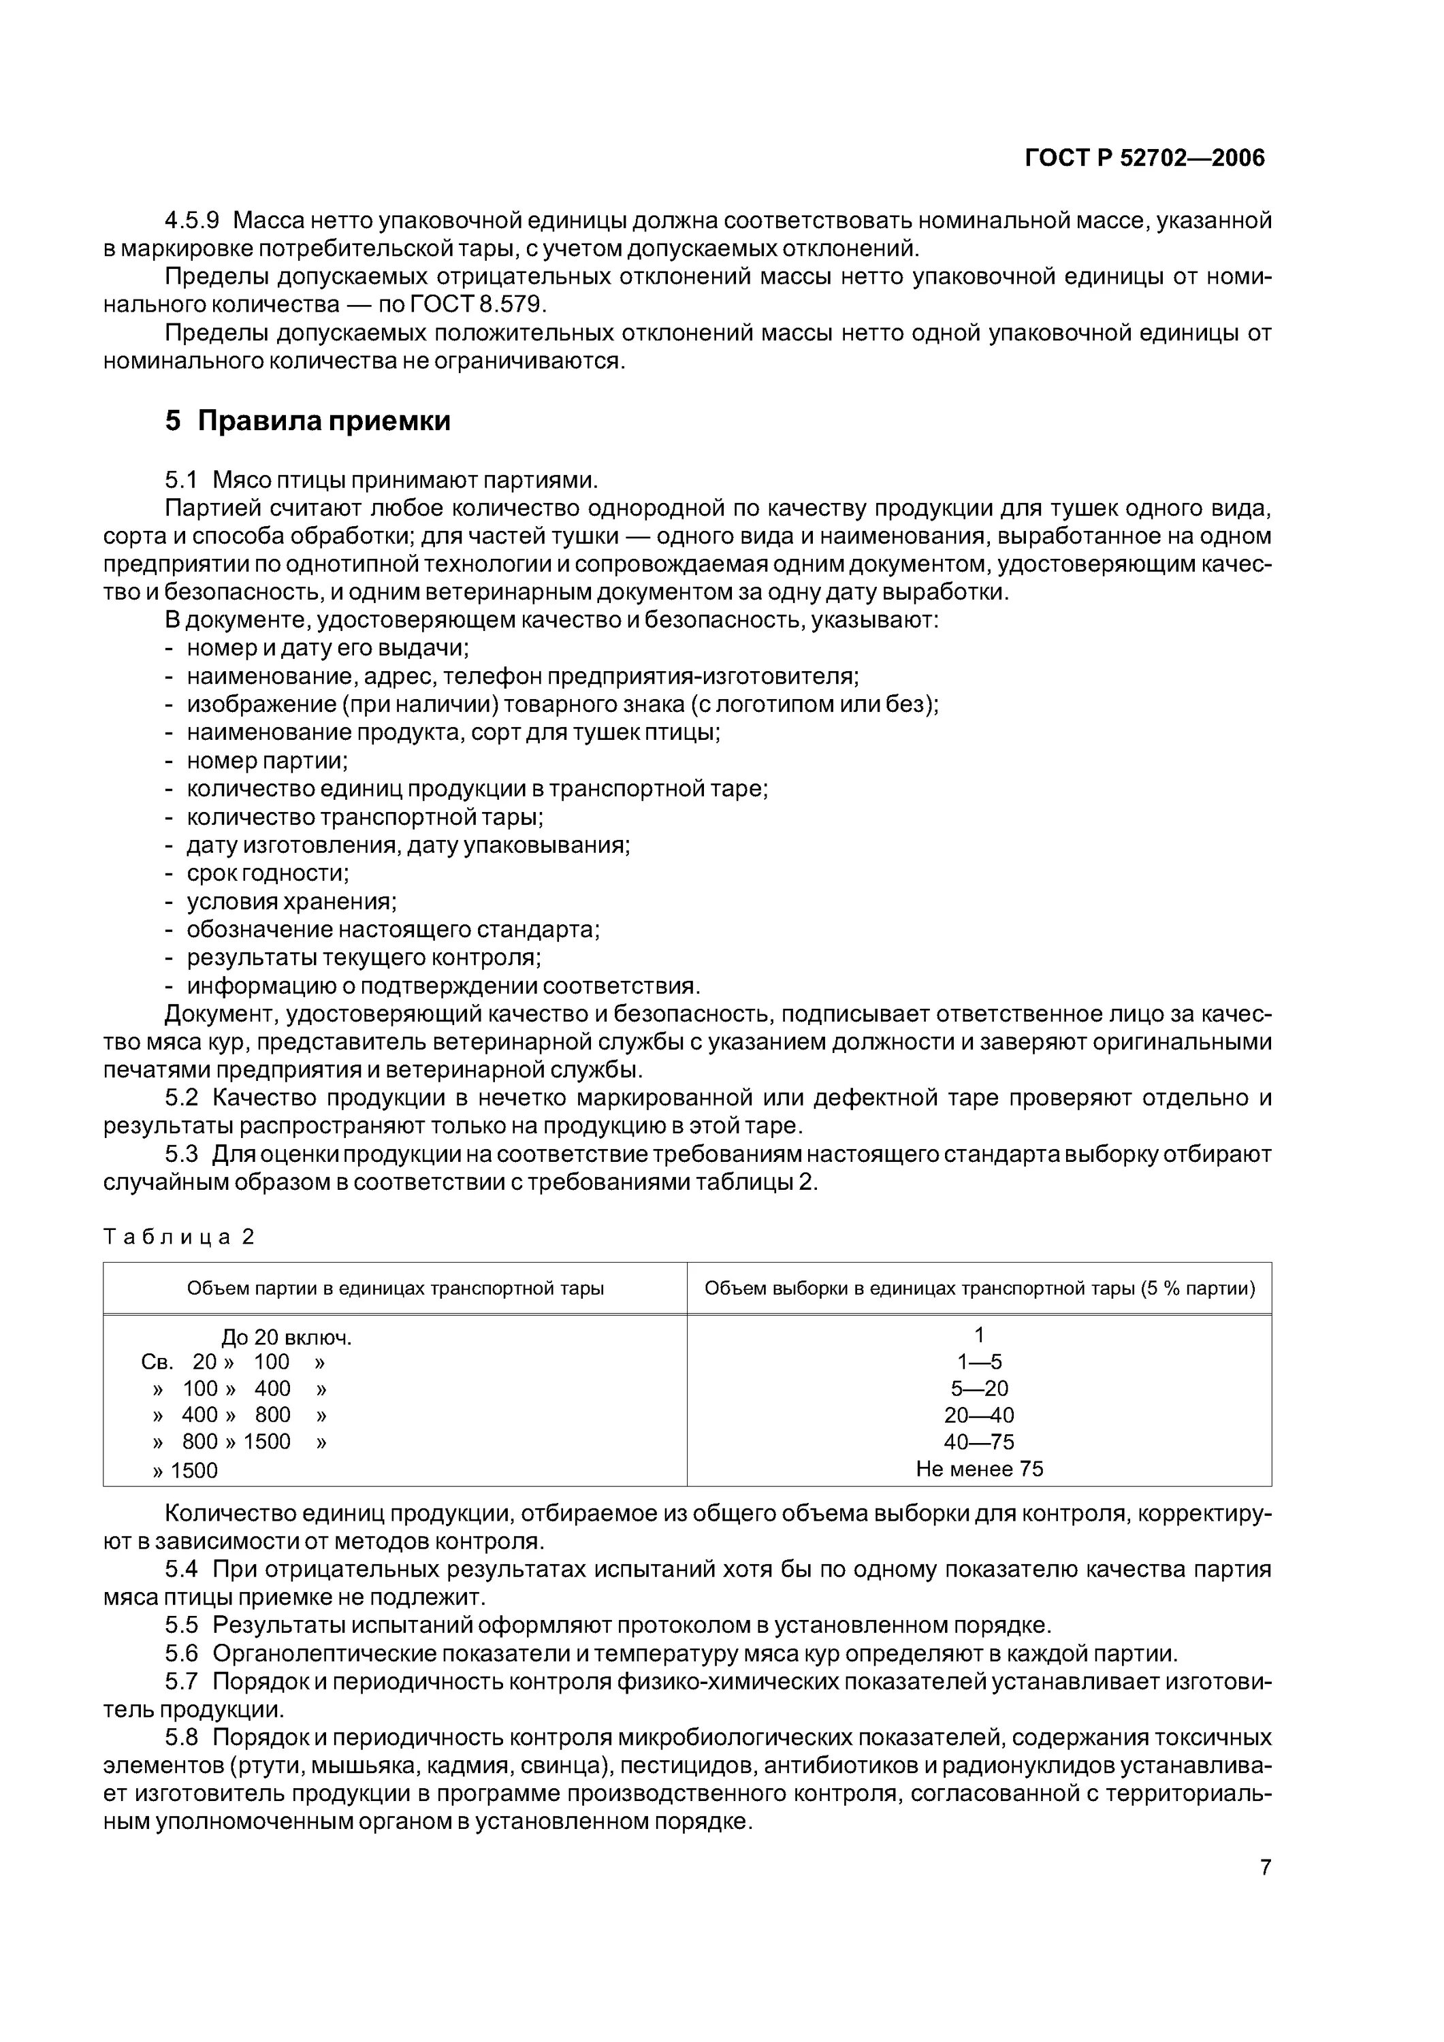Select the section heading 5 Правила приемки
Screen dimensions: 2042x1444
pos(308,421)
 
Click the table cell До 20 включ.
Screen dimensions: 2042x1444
pos(287,1338)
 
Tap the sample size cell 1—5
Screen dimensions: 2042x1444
pos(979,1361)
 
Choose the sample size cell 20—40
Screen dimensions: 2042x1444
pos(979,1415)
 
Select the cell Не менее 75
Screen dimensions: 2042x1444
pos(979,1468)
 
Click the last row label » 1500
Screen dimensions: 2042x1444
pos(185,1470)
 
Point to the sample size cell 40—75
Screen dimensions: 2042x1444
pos(979,1442)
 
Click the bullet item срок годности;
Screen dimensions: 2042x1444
pos(268,873)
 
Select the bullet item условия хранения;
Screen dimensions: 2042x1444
pos(291,901)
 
